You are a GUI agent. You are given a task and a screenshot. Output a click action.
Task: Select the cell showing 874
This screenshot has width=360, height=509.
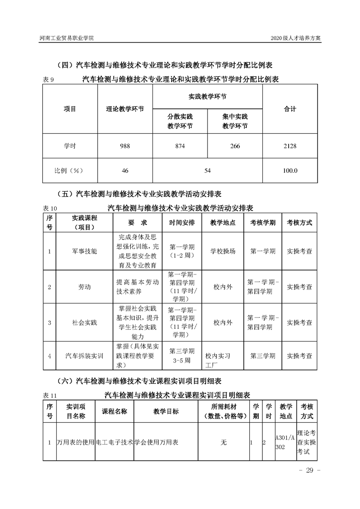[180, 146]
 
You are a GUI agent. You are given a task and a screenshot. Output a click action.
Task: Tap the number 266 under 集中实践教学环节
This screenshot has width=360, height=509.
[235, 146]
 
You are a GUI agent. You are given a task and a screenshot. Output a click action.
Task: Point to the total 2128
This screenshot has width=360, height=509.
[290, 146]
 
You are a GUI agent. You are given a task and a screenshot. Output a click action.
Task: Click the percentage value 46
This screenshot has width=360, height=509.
[125, 171]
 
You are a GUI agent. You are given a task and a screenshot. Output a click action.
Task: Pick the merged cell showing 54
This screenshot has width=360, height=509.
[207, 171]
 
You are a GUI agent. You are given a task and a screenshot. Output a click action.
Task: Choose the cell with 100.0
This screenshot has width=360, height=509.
[290, 171]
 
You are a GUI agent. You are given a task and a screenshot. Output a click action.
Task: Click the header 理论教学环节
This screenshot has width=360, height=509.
[125, 109]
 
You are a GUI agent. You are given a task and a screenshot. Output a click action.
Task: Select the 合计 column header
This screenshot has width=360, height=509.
[290, 109]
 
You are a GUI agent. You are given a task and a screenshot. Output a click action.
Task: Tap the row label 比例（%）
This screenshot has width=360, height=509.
[70, 171]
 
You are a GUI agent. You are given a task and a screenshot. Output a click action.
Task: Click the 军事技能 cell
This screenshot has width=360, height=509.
[85, 251]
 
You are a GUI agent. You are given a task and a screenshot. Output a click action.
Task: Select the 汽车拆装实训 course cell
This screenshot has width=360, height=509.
[85, 356]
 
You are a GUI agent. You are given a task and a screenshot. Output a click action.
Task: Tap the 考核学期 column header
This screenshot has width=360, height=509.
[262, 223]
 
